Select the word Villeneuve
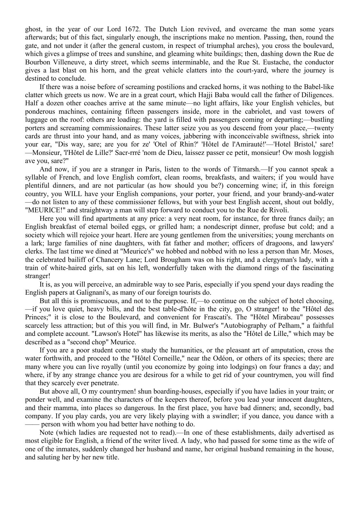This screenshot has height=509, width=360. point(66,62)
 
